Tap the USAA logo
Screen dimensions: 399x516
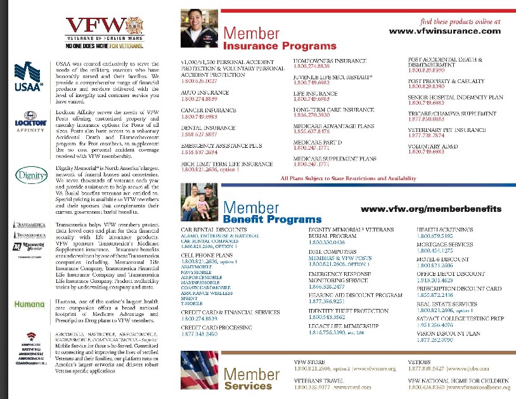27,76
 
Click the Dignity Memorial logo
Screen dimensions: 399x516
27,175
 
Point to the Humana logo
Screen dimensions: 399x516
27,303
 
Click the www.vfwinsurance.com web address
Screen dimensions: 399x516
444,31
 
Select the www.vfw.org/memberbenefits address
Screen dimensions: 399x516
430,209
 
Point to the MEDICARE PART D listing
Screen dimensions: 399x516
318,142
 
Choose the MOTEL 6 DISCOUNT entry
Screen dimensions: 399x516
442,259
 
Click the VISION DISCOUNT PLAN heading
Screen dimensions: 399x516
448,333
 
